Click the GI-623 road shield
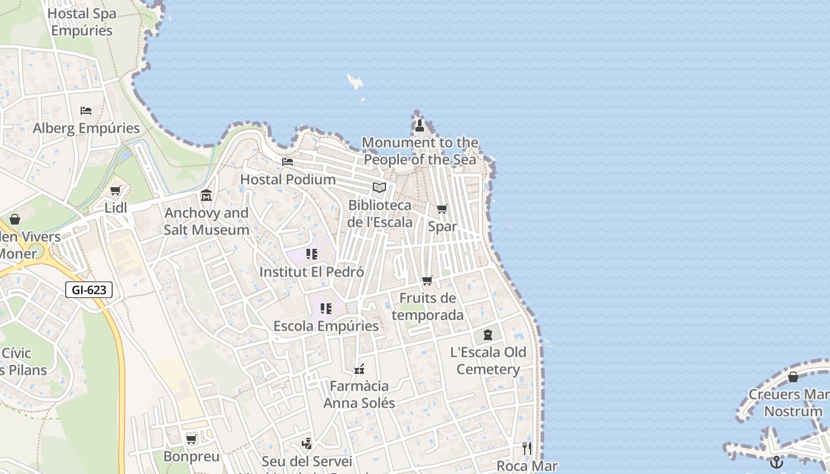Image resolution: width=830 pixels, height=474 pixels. tap(89, 290)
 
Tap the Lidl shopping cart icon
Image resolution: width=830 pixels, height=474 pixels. tap(115, 191)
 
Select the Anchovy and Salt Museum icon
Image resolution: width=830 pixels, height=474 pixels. tap(206, 195)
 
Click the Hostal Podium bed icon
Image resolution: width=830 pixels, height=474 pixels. tap(288, 161)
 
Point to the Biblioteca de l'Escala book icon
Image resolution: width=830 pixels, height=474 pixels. tap(379, 188)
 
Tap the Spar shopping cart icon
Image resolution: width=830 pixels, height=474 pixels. tap(442, 209)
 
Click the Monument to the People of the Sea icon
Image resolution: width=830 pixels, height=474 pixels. tap(420, 125)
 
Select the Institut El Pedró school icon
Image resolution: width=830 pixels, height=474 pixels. tap(312, 254)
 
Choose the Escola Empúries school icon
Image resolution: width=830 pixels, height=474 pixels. tap(325, 309)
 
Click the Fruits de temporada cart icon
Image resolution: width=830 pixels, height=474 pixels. tap(427, 280)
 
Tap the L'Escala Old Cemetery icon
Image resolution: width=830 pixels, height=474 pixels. tap(487, 335)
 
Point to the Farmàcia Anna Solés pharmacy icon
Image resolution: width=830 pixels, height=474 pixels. tap(359, 369)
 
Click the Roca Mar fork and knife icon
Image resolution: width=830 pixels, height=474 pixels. tap(526, 448)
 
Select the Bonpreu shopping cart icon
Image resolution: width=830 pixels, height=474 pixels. tap(191, 439)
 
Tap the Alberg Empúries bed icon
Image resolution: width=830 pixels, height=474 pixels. tap(86, 111)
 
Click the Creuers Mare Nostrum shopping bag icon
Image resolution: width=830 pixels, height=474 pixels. tap(793, 377)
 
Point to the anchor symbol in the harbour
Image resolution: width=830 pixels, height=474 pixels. tap(776, 462)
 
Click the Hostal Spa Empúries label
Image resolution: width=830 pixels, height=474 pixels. tap(81, 22)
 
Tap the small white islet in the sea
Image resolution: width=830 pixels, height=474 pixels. tap(356, 82)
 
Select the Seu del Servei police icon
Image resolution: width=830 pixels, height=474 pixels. tap(307, 443)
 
